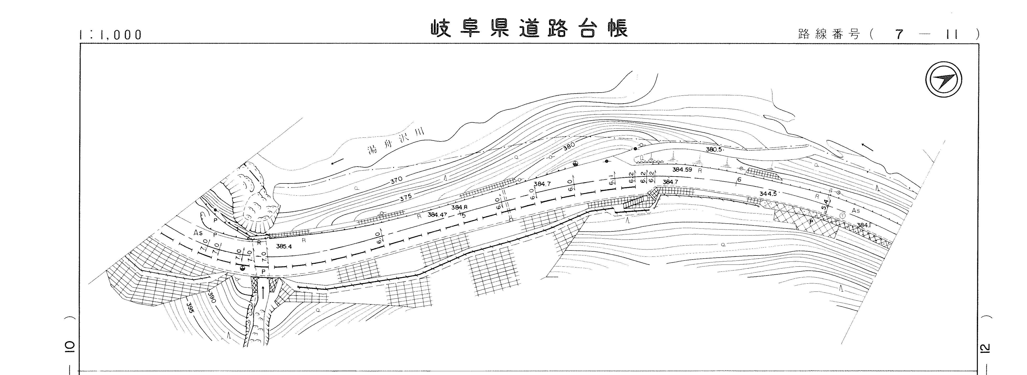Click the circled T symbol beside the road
pos(842,215)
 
